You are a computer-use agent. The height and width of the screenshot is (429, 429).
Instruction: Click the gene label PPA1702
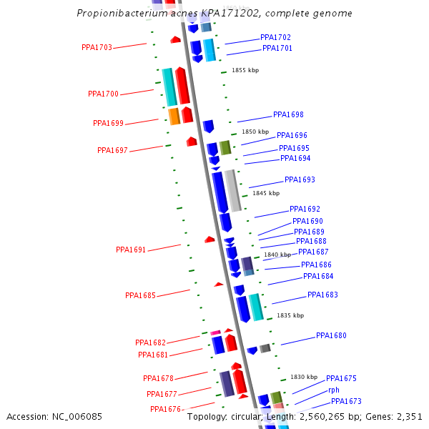coord(275,37)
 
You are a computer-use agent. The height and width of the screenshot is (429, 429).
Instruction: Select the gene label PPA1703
coord(97,48)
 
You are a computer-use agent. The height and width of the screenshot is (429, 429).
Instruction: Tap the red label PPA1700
coord(104,94)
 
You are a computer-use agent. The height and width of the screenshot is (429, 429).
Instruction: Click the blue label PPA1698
coord(288,114)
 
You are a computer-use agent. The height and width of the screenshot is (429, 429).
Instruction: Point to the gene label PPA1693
coord(300,180)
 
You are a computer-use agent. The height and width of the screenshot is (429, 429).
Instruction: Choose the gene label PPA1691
coord(131,250)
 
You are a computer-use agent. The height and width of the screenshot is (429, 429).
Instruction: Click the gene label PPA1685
coord(140,295)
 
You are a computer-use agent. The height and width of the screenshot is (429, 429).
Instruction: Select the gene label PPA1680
coord(331,335)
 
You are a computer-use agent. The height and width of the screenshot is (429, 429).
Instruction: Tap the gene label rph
coord(334,390)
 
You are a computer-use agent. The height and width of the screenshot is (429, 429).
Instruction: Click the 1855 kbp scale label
coord(245,70)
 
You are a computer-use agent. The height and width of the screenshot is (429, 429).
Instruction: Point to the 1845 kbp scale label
coord(265,193)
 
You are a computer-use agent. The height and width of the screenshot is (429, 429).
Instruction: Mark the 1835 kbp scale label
coord(290,315)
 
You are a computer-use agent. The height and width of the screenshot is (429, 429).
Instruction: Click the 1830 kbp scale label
coord(303,377)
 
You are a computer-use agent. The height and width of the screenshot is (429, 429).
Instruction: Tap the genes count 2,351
coord(408,417)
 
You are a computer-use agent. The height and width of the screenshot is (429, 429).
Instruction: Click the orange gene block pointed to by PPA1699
coord(174,116)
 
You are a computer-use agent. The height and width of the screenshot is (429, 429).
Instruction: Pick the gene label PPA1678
coord(158,379)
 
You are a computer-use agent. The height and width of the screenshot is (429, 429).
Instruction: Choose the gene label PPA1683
coord(322,295)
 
